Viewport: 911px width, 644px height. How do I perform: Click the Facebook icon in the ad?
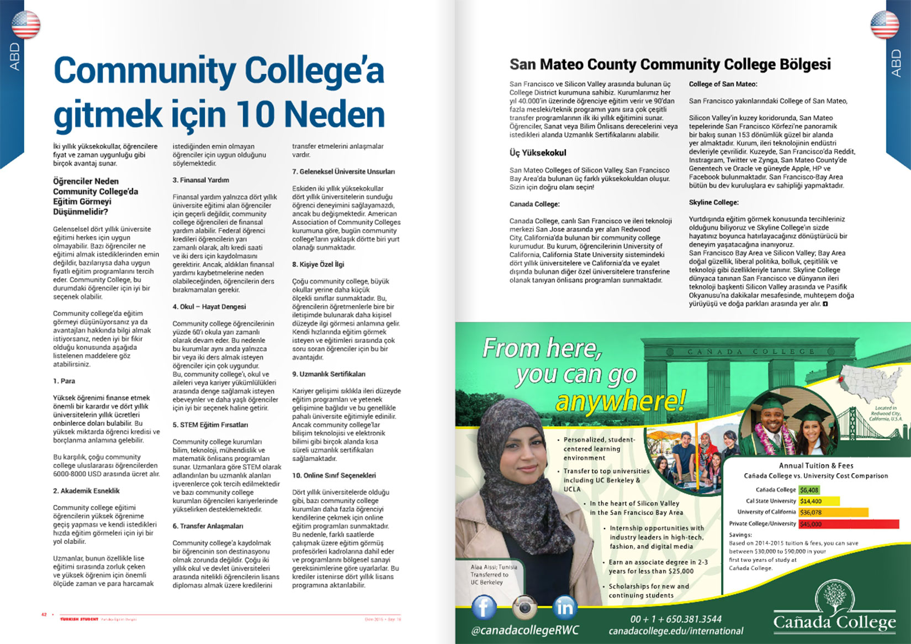[x=484, y=607]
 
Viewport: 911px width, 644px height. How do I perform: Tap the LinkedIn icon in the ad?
[x=564, y=608]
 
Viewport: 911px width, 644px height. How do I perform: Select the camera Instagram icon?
[x=524, y=608]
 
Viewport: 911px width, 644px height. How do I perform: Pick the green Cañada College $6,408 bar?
[x=809, y=490]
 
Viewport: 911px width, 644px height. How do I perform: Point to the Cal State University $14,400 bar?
[x=819, y=501]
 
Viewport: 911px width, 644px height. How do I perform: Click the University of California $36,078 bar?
[x=833, y=512]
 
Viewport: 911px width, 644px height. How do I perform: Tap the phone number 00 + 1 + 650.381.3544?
[x=675, y=619]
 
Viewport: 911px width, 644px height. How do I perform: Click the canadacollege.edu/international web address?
[x=676, y=631]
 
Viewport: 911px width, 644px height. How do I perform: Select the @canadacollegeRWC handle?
[x=525, y=631]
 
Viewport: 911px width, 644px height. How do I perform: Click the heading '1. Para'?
[x=64, y=381]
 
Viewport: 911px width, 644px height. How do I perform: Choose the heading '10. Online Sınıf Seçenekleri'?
[x=333, y=475]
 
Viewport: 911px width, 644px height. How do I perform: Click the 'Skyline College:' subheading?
[x=713, y=202]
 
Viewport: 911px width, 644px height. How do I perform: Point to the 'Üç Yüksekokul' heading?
[x=538, y=153]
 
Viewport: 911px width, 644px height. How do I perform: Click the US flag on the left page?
[x=26, y=24]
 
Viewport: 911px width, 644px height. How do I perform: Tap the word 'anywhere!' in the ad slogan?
[x=620, y=400]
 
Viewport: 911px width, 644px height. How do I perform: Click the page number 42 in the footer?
[x=44, y=615]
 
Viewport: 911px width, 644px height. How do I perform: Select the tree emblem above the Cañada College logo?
[x=834, y=595]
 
